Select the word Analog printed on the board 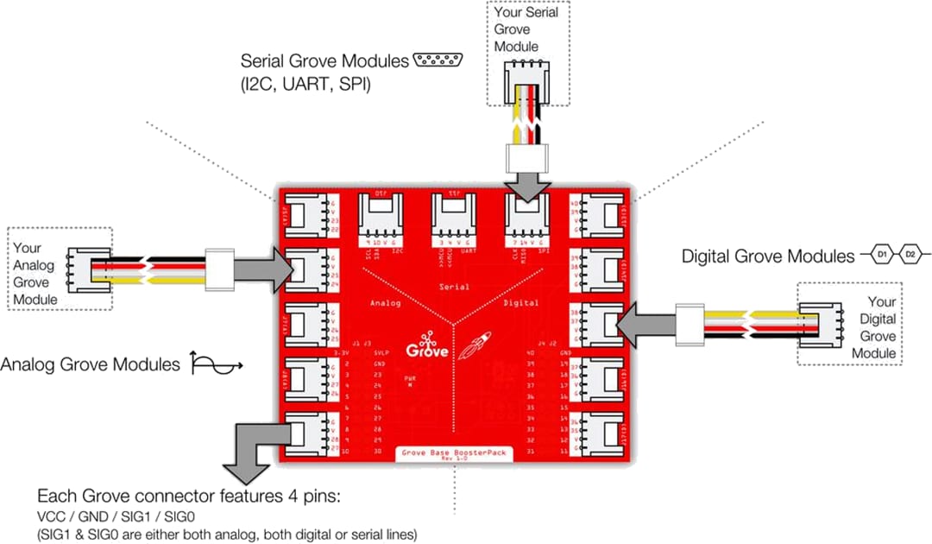(x=386, y=303)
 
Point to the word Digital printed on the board (x=520, y=303)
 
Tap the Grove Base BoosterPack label (x=453, y=452)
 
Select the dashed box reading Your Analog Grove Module (x=59, y=268)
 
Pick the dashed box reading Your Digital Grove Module (x=849, y=323)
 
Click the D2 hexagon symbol (x=910, y=256)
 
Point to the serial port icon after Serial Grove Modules (x=437, y=60)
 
